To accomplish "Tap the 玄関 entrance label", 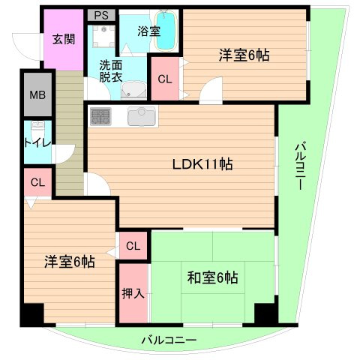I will click(x=64, y=38).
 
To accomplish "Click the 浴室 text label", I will click(x=149, y=31).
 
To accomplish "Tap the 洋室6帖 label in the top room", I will click(x=244, y=55).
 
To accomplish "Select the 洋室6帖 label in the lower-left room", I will click(x=69, y=262).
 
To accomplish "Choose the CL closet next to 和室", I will click(x=133, y=245).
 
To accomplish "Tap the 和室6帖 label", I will click(x=213, y=277).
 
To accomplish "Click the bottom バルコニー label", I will click(x=169, y=340).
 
